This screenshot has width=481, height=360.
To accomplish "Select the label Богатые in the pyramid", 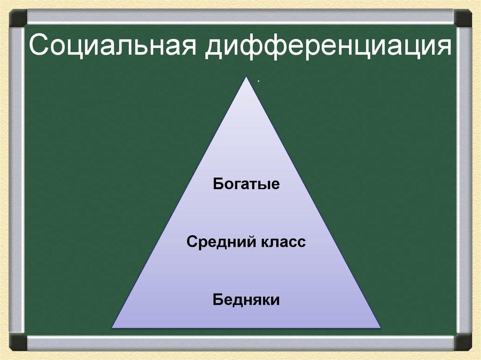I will [246, 184].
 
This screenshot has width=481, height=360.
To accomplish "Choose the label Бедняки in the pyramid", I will [246, 299].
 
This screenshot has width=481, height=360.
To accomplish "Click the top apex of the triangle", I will [246, 78].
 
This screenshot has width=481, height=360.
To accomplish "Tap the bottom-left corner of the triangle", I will [112, 327].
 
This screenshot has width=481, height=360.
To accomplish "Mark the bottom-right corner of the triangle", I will [380, 327].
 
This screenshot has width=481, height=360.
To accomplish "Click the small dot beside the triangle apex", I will [258, 81].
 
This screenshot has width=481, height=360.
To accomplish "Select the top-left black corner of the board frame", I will [18, 18].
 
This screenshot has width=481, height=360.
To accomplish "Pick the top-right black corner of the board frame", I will [463, 18].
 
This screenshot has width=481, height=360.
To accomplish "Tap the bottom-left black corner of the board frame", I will [18, 342].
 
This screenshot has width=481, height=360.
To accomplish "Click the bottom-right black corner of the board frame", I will [463, 342].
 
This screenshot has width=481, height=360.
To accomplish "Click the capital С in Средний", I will [191, 243].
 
